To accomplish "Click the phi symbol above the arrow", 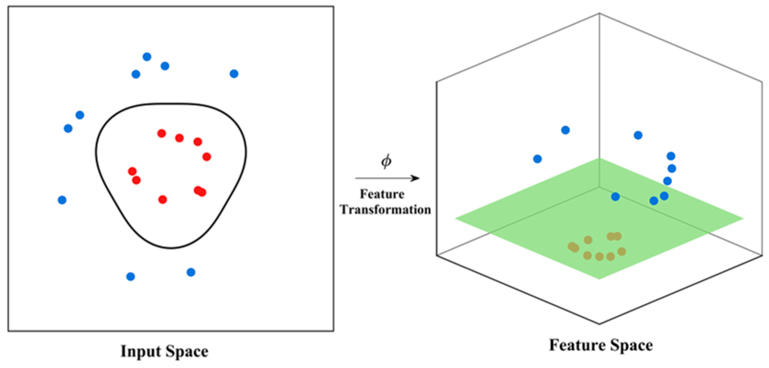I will [x=386, y=161].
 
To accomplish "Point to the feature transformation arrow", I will [x=387, y=178].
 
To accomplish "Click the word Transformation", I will [x=385, y=210].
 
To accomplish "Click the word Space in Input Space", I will [x=187, y=351].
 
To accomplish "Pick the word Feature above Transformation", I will [x=382, y=194].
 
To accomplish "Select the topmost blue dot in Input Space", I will [x=147, y=57].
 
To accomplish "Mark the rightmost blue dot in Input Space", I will [x=234, y=74].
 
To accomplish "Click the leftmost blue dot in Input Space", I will [x=62, y=200].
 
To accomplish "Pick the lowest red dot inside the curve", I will [x=162, y=200].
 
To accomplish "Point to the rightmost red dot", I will [x=207, y=157].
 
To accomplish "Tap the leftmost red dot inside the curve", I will [x=132, y=172].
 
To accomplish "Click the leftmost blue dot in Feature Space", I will [x=538, y=159].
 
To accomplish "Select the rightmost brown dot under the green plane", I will [x=621, y=251].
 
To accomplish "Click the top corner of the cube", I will [x=599, y=13].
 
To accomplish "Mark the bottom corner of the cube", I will [x=599, y=324].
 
